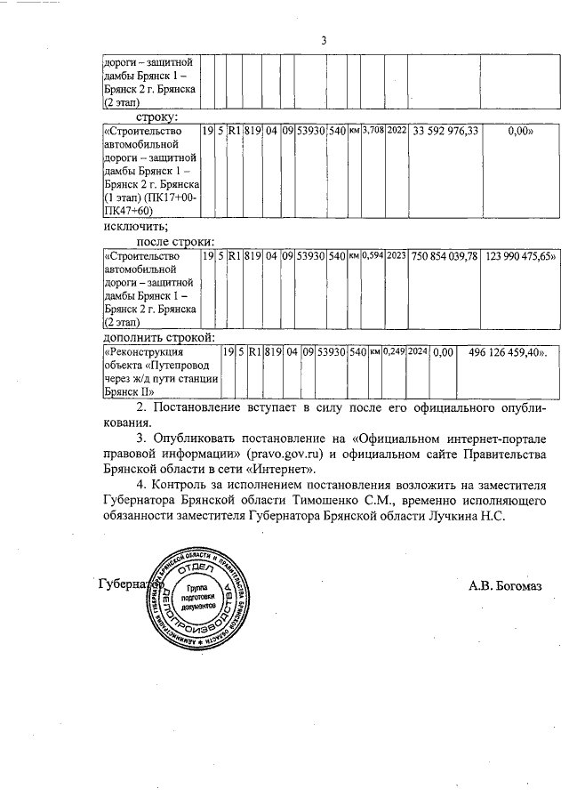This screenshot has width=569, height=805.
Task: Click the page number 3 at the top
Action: pyautogui.click(x=324, y=40)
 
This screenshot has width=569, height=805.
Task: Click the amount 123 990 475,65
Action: pyautogui.click(x=521, y=255)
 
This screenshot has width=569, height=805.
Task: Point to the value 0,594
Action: pyautogui.click(x=373, y=255)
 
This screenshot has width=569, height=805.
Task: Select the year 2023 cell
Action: pyautogui.click(x=397, y=255)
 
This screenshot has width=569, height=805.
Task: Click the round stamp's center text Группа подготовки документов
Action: pyautogui.click(x=195, y=596)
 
